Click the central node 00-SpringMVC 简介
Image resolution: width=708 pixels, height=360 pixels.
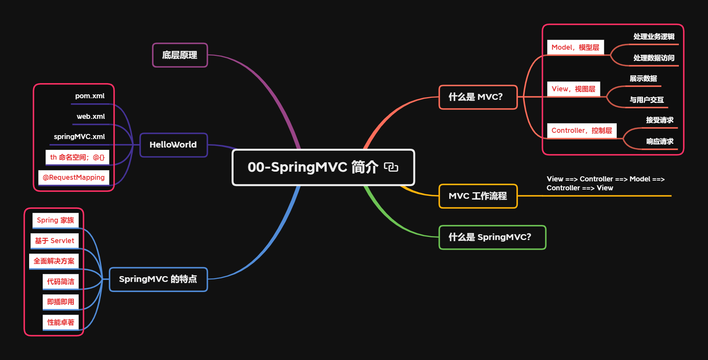[313, 167]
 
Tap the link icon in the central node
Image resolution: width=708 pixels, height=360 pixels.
[391, 167]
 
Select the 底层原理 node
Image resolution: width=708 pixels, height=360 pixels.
[180, 55]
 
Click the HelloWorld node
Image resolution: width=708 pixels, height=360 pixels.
[173, 145]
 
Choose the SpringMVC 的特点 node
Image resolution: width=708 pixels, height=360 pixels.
[158, 279]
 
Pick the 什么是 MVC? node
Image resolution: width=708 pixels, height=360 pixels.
[478, 97]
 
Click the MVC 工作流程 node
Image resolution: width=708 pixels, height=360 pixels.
[478, 196]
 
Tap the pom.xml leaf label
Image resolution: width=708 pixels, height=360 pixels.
[90, 96]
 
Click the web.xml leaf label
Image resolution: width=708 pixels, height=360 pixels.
[91, 117]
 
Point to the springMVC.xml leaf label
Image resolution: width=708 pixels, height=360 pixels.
[79, 137]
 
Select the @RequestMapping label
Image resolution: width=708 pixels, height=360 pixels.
[73, 177]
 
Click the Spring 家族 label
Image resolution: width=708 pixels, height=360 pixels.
[55, 220]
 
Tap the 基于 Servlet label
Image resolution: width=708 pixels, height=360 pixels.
[54, 241]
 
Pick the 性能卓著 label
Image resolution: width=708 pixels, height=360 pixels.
[61, 322]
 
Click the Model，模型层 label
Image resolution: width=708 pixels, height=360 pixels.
[575, 47]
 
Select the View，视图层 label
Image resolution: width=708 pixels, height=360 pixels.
[573, 89]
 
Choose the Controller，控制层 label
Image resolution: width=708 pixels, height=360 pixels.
[581, 130]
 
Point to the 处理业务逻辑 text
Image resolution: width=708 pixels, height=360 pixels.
[654, 37]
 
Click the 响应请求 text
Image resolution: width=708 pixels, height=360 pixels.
[659, 141]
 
